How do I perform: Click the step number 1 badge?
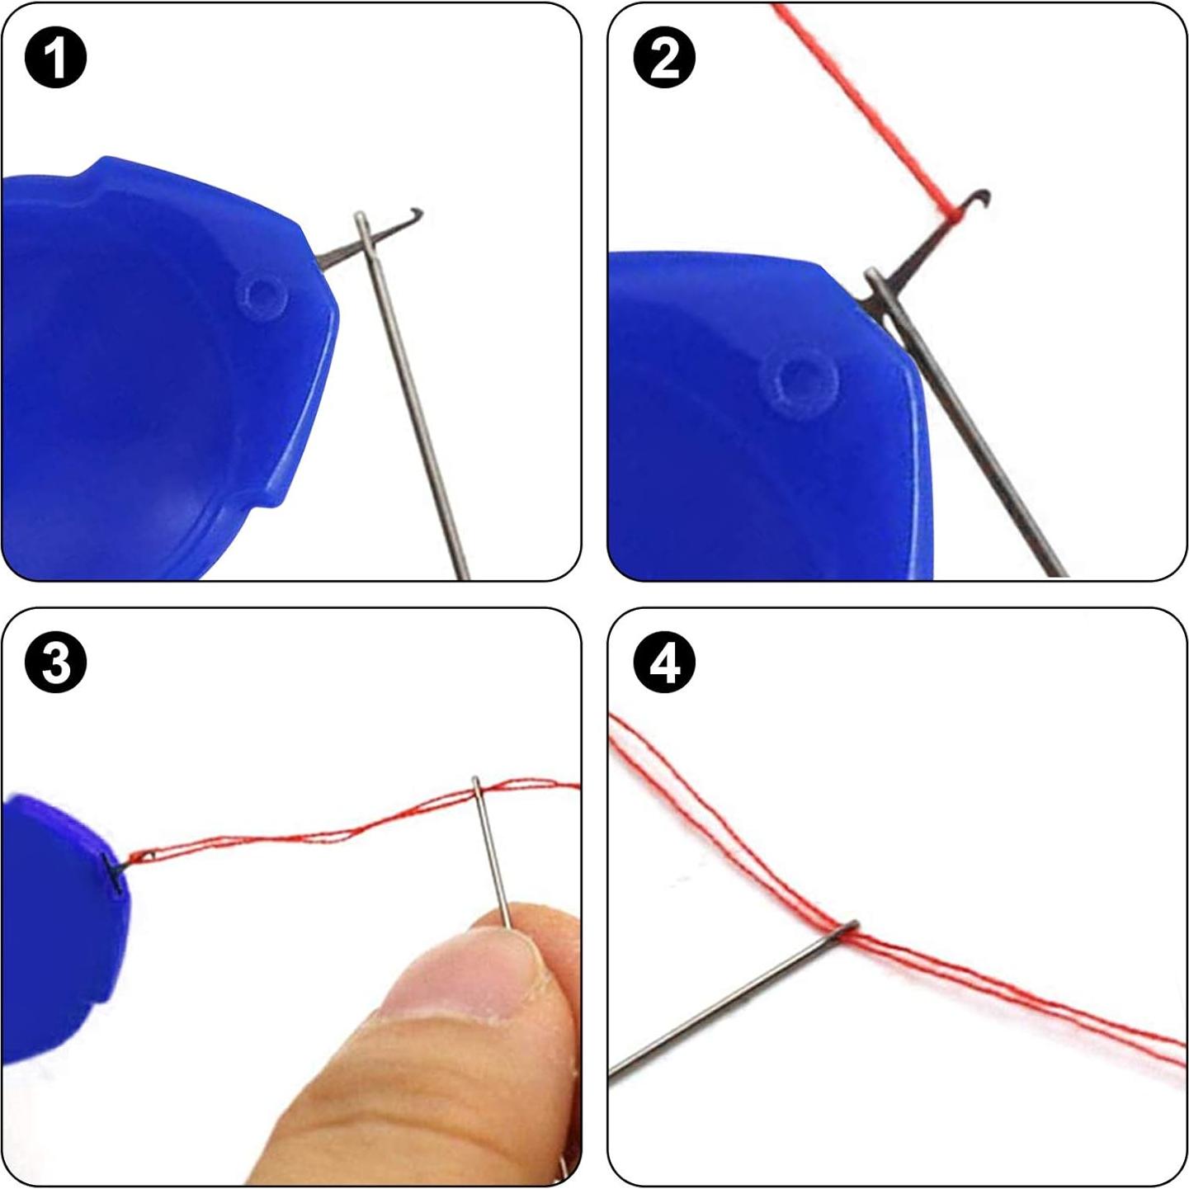coord(55,57)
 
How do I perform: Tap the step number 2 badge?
coord(663,57)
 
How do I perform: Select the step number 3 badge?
coord(55,663)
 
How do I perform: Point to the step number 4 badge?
coord(663,663)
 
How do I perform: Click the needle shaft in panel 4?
coord(726,1003)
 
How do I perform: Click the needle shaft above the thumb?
coord(493,858)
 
